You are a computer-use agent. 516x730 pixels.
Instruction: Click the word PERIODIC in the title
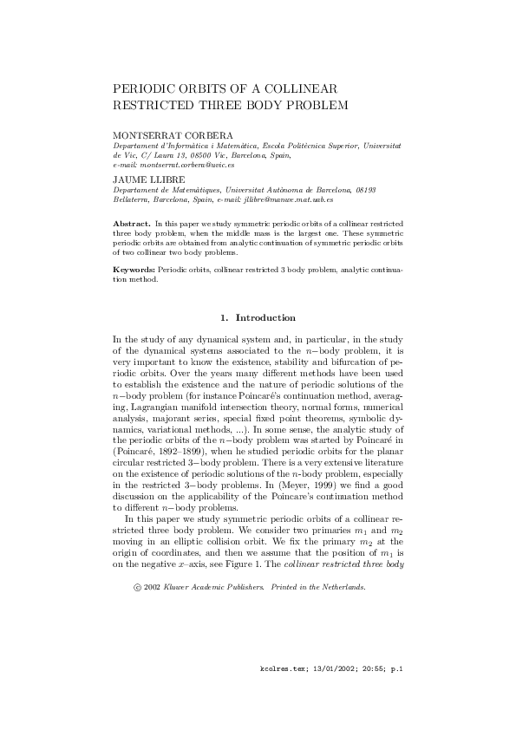[x=142, y=89]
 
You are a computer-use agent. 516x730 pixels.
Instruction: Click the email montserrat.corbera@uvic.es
[x=187, y=164]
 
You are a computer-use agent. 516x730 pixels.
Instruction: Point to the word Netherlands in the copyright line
[x=343, y=586]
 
